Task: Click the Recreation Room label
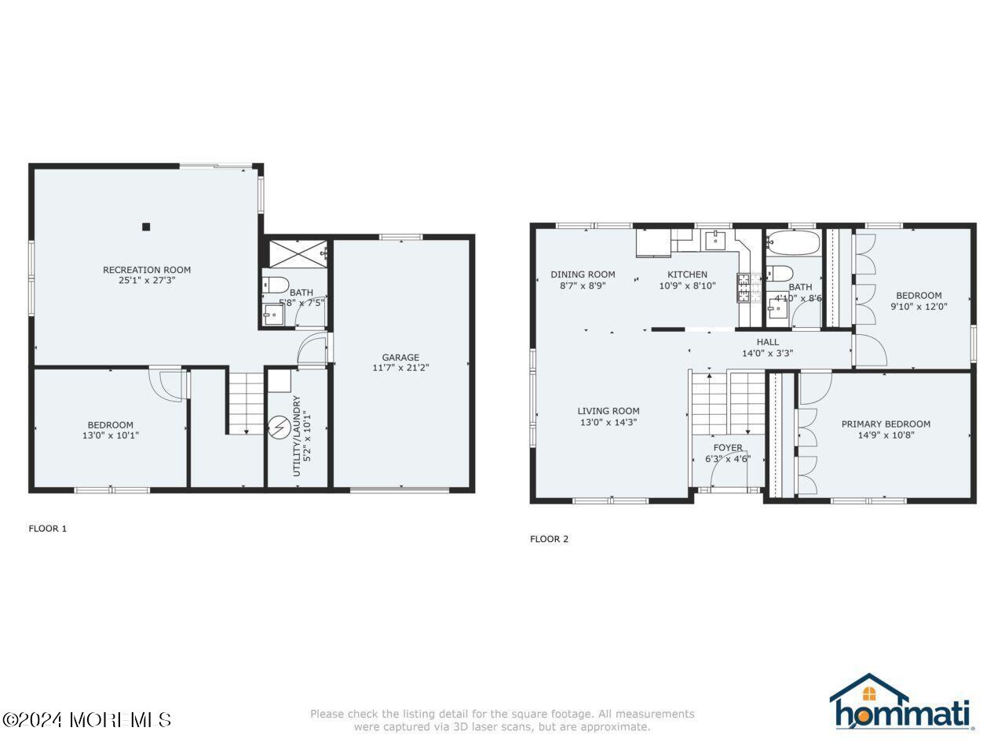[146, 270]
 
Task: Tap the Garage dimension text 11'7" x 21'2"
[400, 367]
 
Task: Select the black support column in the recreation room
[146, 227]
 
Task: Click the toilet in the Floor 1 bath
[276, 285]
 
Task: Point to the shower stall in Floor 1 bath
[297, 253]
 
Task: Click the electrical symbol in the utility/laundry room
[278, 427]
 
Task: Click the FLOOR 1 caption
[48, 529]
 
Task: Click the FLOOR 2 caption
[549, 539]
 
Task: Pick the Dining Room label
[583, 275]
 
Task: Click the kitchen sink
[716, 239]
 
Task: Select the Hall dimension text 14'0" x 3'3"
[767, 353]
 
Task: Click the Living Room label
[608, 410]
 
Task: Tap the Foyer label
[728, 448]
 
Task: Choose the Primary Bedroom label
[886, 424]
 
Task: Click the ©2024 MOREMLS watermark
[86, 719]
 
